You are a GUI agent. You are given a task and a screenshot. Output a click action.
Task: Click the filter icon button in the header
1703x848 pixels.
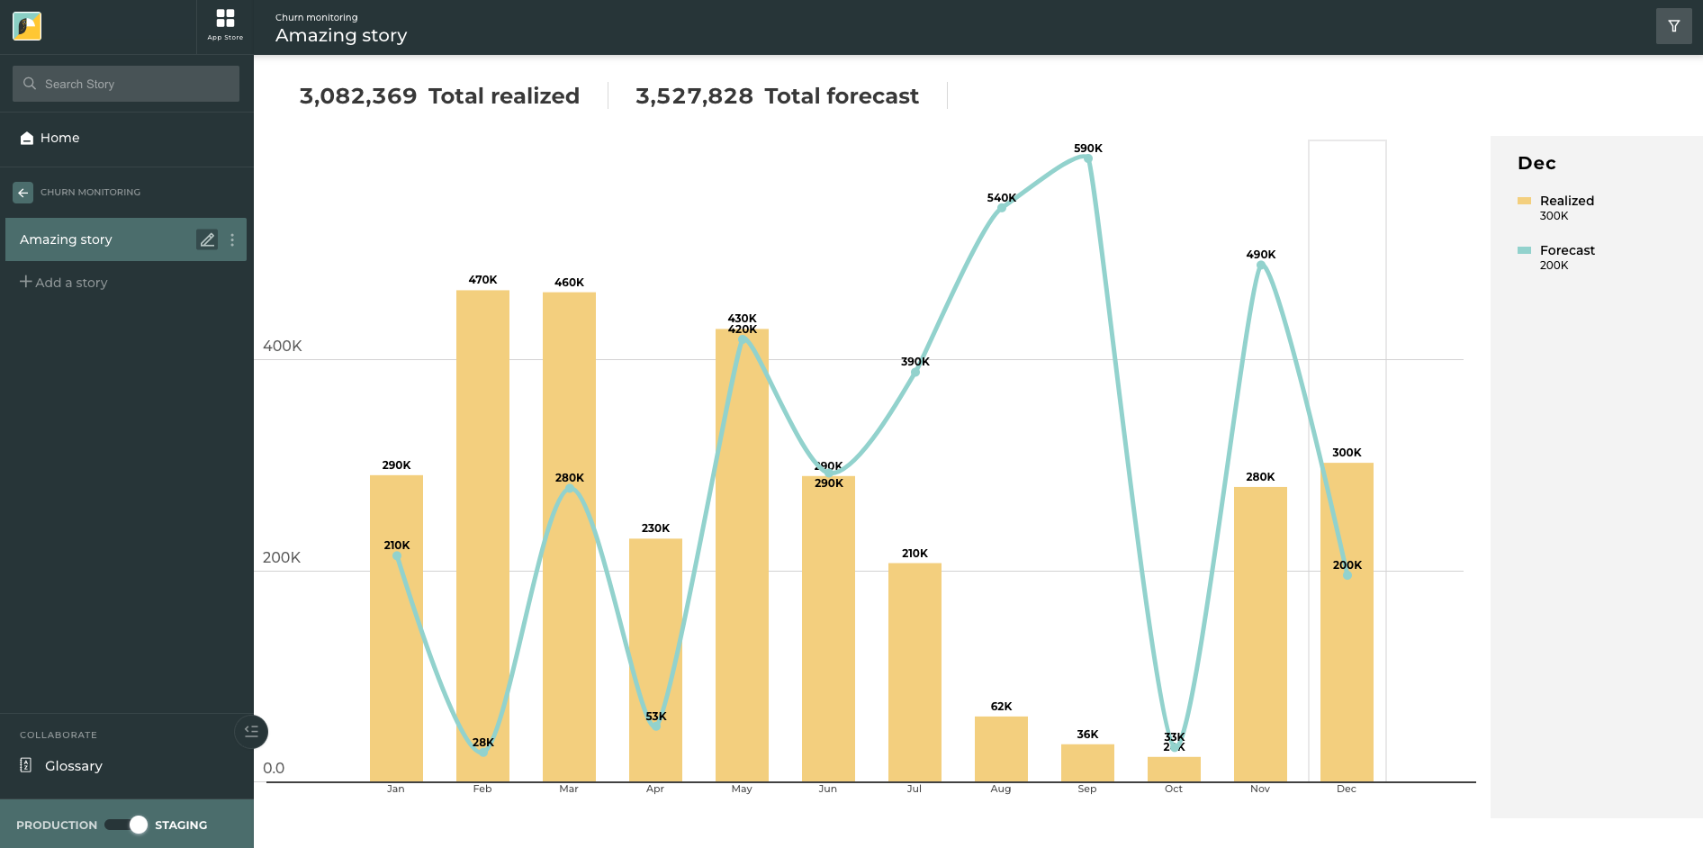(1673, 26)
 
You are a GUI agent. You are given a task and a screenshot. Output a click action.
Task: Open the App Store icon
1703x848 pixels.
(225, 24)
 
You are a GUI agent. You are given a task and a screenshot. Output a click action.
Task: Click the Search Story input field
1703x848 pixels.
(126, 84)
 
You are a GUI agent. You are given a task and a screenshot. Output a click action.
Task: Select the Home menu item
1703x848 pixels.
(59, 138)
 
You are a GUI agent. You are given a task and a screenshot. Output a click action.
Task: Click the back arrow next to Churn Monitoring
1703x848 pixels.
(23, 193)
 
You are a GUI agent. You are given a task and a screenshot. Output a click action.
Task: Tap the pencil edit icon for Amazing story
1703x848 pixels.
(207, 239)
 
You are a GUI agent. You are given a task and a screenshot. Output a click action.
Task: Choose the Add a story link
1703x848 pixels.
(64, 283)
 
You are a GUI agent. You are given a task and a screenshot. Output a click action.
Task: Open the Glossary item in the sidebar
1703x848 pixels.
(73, 766)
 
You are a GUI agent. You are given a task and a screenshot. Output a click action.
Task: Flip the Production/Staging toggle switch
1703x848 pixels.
(126, 825)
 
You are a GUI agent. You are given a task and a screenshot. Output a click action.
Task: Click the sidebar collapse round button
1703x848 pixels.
(251, 732)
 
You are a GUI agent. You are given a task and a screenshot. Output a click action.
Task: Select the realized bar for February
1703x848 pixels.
(482, 540)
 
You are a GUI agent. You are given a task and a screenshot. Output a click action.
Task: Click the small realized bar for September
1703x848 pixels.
(1087, 763)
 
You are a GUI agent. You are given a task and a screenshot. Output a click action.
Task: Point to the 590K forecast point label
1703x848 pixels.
(1087, 149)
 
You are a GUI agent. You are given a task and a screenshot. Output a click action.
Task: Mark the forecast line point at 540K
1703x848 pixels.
(1001, 208)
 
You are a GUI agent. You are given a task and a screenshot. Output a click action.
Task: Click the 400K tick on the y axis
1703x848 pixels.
(283, 347)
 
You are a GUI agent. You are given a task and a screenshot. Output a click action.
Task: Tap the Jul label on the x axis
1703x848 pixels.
(915, 789)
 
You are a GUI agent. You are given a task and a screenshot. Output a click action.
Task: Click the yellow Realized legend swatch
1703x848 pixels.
(1524, 201)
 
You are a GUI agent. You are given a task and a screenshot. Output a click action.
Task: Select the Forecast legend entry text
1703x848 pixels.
(1566, 250)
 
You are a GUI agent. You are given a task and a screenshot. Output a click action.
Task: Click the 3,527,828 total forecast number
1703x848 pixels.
(694, 96)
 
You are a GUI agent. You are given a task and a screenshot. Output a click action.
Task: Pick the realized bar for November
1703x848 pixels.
(1260, 630)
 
